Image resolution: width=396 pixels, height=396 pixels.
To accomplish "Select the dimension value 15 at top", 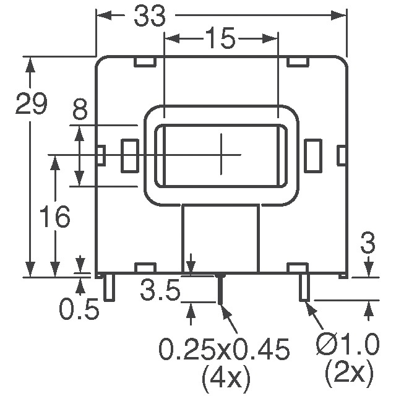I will (220, 39).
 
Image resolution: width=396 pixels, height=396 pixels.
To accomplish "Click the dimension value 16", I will (54, 217).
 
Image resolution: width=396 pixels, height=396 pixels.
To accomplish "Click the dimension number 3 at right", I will (369, 244).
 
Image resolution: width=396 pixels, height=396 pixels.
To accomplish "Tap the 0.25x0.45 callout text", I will (224, 351).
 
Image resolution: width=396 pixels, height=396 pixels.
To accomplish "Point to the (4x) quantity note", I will (224, 375).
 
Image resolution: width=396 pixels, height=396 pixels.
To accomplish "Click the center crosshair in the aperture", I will (221, 154).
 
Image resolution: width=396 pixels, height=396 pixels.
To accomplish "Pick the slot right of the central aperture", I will (313, 155).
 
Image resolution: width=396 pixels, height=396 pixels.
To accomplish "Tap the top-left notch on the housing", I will (144, 62).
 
